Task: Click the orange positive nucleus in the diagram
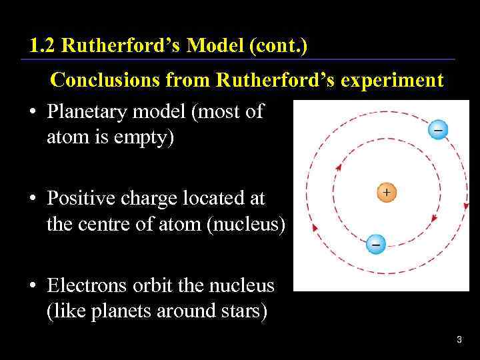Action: coord(387,193)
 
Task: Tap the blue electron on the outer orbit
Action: coord(437,129)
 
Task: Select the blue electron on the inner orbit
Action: coord(376,245)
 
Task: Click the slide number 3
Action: coord(459,341)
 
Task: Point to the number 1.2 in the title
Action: coord(41,47)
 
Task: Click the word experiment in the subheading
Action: coord(393,81)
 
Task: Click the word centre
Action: coord(111,225)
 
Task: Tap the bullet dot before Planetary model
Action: coord(32,113)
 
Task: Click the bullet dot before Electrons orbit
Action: coord(32,287)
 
